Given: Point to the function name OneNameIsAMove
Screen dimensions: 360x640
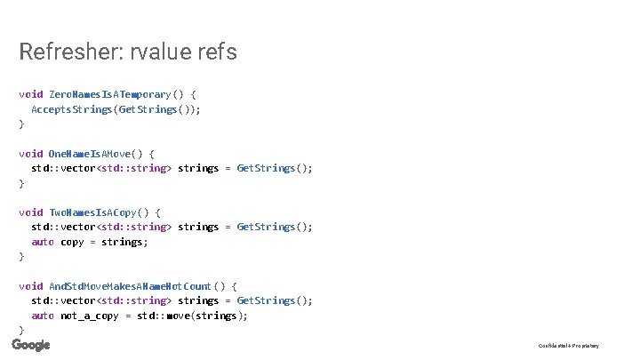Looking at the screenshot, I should [92, 153].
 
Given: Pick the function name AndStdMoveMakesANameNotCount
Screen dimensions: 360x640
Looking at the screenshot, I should [130, 285].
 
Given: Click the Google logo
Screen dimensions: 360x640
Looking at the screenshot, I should [31, 345].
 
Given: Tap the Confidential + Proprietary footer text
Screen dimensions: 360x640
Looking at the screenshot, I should [569, 346].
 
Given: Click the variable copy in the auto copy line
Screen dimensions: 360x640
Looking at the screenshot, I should [72, 242].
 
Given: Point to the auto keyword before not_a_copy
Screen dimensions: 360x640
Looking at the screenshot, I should [43, 316].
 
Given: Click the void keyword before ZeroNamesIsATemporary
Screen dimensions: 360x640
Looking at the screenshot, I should [30, 93].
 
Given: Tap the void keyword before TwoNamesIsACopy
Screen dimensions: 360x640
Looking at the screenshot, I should [30, 212].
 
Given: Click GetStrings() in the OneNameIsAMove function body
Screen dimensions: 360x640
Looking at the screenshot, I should [275, 168].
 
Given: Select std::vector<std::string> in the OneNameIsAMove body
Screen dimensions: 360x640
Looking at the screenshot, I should [101, 168].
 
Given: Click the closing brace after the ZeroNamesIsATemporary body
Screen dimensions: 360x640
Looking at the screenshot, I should [21, 124].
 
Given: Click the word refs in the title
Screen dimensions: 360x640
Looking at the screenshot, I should [219, 52].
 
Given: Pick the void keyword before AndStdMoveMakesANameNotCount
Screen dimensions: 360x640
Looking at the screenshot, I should [30, 285].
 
